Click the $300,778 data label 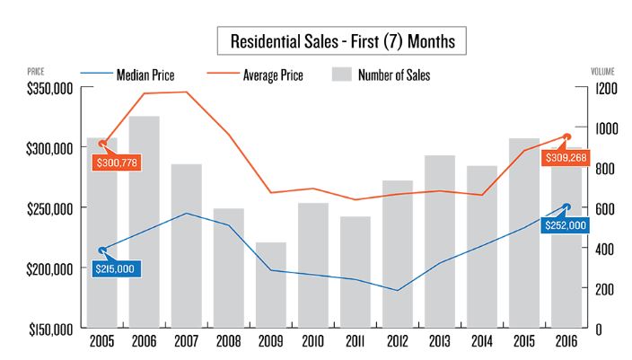[x=116, y=162]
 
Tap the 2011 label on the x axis [x=355, y=342]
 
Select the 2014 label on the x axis [x=481, y=342]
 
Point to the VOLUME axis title [x=601, y=69]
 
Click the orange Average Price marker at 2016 [x=566, y=136]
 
